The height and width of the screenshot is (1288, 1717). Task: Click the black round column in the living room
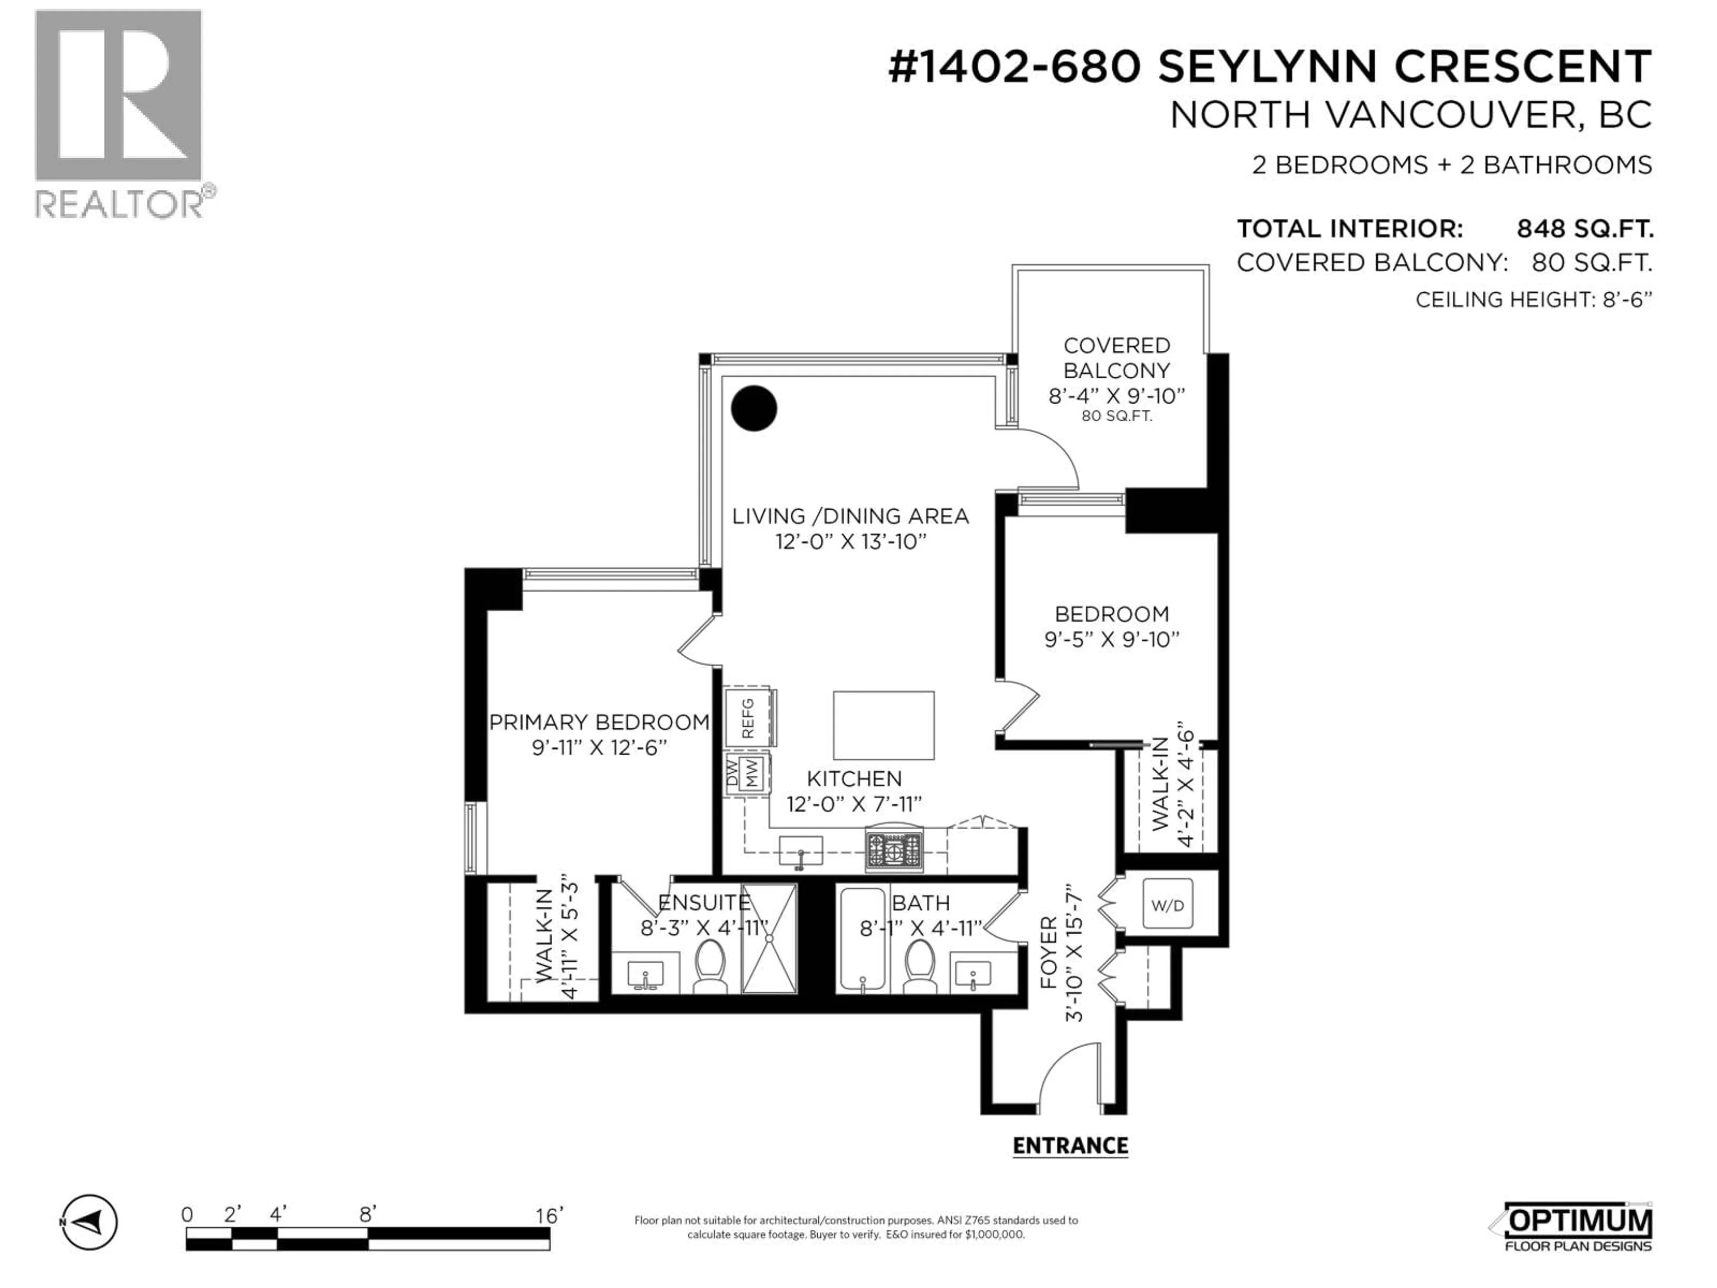(754, 408)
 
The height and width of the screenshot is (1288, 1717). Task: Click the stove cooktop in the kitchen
(894, 849)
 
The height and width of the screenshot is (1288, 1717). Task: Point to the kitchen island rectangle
(884, 725)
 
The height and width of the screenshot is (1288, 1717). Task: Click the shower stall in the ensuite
(769, 938)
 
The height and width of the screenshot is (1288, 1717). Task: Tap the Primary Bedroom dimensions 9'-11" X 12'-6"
(599, 748)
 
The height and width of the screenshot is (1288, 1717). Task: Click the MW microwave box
(751, 773)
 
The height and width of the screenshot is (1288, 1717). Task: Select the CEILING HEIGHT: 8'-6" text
(1533, 300)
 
